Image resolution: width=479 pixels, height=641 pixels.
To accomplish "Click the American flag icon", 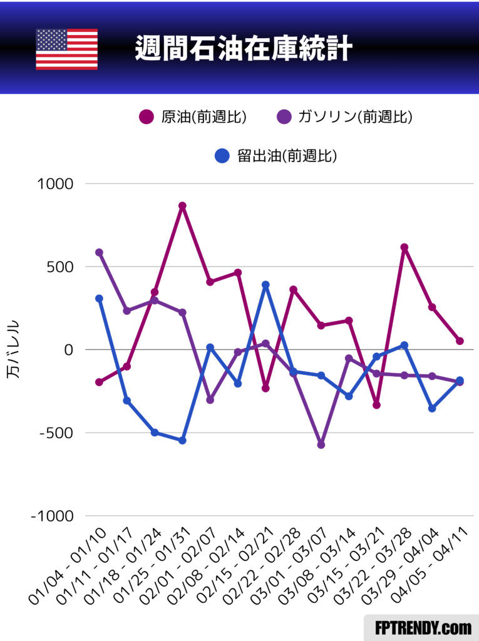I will click(x=66, y=49).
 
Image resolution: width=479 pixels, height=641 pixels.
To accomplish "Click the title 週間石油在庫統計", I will click(x=243, y=49).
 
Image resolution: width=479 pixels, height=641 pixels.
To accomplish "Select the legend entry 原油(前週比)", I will click(x=192, y=117).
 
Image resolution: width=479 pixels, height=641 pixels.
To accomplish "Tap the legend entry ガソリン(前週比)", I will click(x=344, y=117).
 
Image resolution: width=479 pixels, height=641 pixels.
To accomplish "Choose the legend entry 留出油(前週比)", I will click(x=276, y=156).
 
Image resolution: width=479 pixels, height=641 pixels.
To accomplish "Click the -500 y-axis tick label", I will click(x=54, y=433).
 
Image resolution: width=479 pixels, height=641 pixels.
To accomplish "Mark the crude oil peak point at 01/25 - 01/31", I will click(x=182, y=206).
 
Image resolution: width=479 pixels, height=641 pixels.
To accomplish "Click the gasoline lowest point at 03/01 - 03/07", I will click(x=321, y=444).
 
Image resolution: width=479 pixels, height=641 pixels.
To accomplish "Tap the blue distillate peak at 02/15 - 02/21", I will click(x=265, y=285).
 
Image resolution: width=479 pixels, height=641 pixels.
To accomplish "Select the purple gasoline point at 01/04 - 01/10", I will click(x=99, y=252).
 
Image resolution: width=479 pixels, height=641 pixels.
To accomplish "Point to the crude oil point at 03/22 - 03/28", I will click(x=404, y=247).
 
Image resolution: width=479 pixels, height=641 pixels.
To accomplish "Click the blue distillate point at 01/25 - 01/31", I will click(x=182, y=441).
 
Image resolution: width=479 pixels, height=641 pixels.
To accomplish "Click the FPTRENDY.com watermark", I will click(x=422, y=627).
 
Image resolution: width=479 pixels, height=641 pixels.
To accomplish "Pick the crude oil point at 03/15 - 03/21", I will click(x=377, y=405).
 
